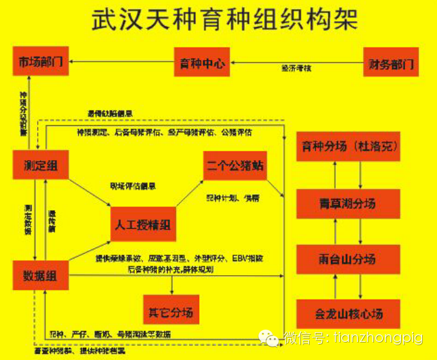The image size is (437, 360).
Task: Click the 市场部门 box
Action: click(41, 62)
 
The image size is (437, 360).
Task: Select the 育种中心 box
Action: click(202, 63)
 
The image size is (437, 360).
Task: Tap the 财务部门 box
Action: click(390, 63)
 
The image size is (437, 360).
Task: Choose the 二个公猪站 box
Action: click(235, 165)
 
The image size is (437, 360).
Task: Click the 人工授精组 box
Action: click(143, 224)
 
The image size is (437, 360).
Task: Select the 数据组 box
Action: click(40, 276)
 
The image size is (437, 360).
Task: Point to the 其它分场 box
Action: click(170, 313)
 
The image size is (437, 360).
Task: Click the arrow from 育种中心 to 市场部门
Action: click(121, 62)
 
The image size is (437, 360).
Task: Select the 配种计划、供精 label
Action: click(233, 199)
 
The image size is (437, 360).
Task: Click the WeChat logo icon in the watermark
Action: click(269, 337)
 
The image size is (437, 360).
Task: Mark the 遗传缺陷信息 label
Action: click(110, 114)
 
